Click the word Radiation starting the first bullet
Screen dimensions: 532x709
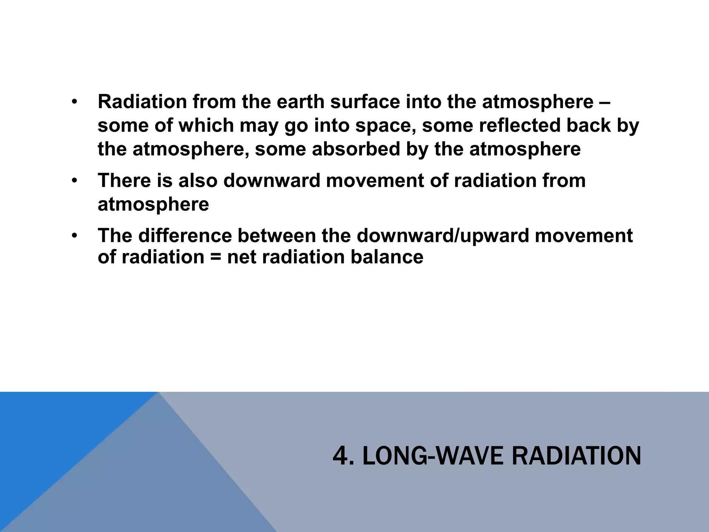coord(142,102)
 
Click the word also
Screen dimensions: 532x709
coord(198,180)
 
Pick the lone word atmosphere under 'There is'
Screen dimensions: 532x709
coord(153,204)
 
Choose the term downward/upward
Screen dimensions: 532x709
coord(443,236)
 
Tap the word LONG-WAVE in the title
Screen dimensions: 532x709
coord(434,456)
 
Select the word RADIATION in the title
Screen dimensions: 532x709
coord(576,456)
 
